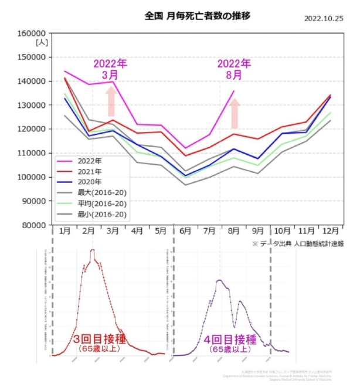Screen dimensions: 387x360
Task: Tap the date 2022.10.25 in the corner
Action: click(x=324, y=18)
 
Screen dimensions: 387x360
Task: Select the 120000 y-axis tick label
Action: click(x=33, y=129)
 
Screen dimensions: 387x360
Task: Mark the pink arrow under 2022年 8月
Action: click(x=235, y=113)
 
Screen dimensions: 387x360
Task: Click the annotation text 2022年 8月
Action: click(x=234, y=69)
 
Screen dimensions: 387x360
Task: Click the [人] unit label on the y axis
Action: click(x=42, y=42)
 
